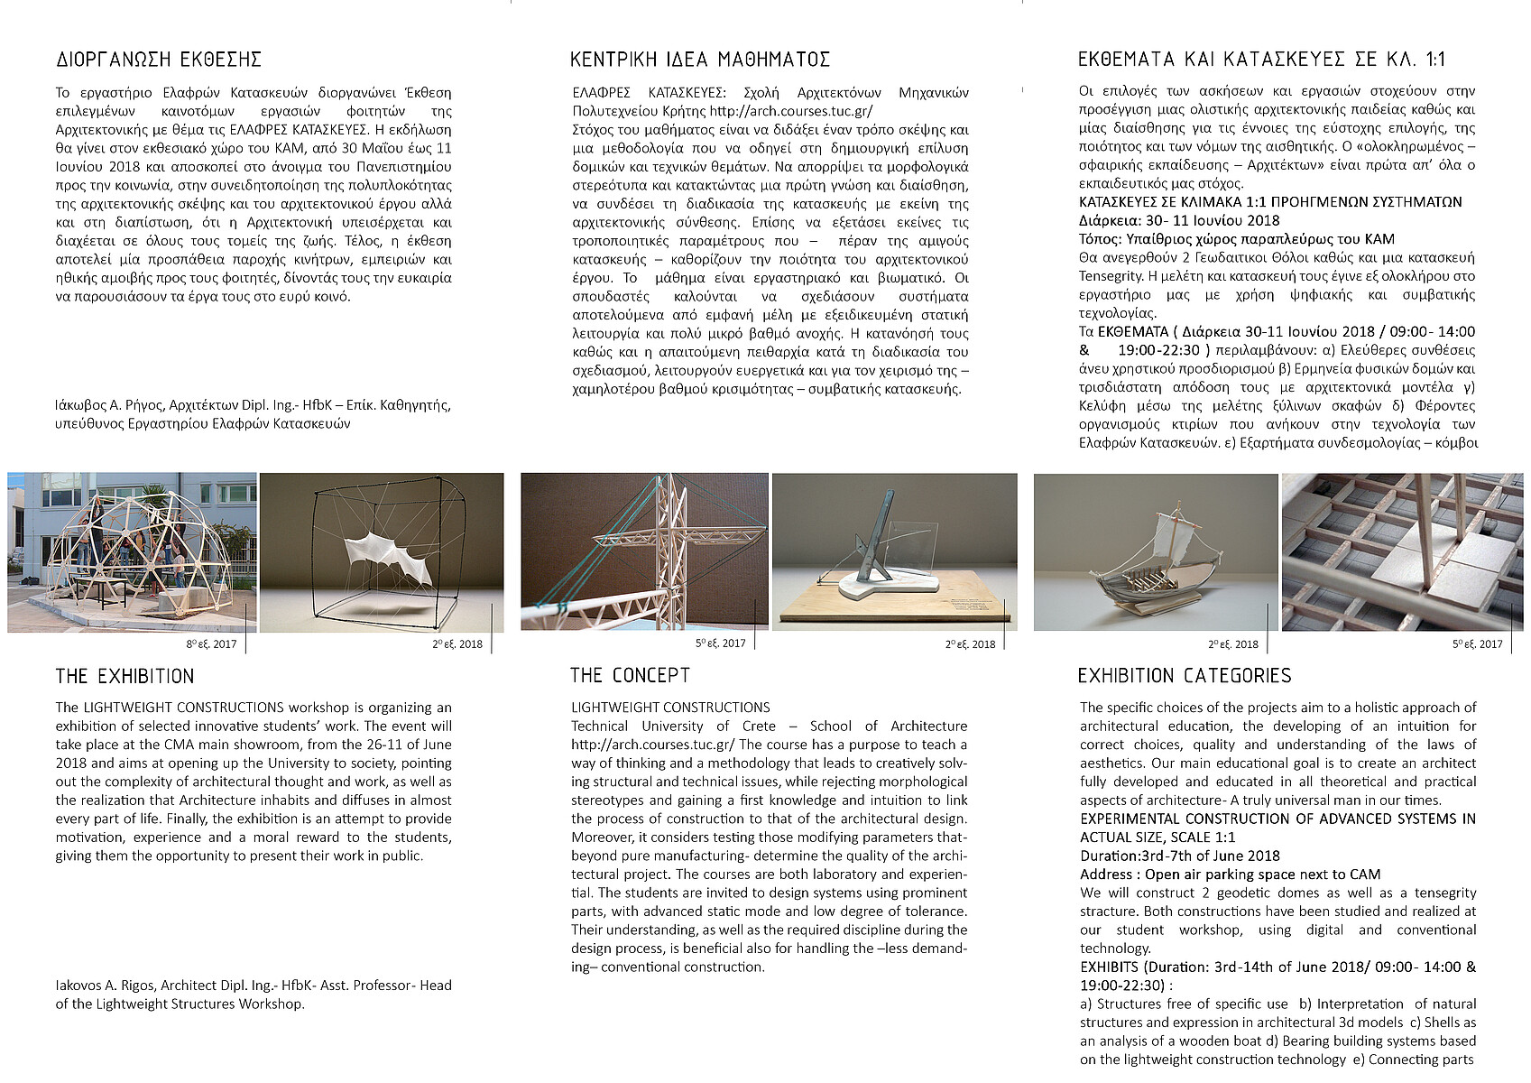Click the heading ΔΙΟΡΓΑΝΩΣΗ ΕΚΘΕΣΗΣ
click(x=159, y=60)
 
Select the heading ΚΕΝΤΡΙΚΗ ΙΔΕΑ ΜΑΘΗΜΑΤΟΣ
click(x=700, y=60)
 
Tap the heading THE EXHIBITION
click(x=125, y=677)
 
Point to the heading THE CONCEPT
click(x=630, y=676)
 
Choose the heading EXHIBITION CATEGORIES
click(x=1185, y=676)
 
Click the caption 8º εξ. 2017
click(x=212, y=644)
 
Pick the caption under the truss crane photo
click(x=721, y=643)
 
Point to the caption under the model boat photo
click(x=1233, y=644)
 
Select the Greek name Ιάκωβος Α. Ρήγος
click(x=108, y=405)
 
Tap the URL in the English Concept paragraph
click(x=652, y=745)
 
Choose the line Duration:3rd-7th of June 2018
click(x=1180, y=856)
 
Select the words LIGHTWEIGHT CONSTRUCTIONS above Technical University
click(x=670, y=708)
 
